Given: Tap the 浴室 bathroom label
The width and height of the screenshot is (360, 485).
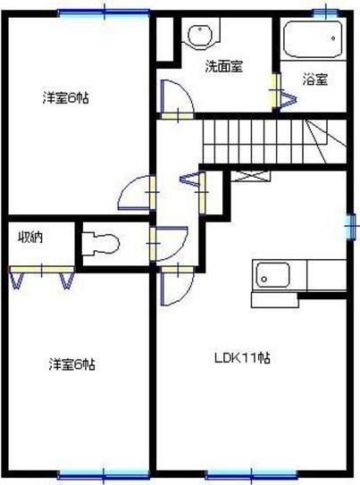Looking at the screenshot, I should tap(314, 79).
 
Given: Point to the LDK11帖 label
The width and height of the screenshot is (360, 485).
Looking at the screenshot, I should tap(242, 358).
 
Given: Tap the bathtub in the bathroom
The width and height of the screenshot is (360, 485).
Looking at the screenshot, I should tap(312, 40).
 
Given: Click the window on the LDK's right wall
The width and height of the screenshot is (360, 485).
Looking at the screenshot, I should tap(350, 224).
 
